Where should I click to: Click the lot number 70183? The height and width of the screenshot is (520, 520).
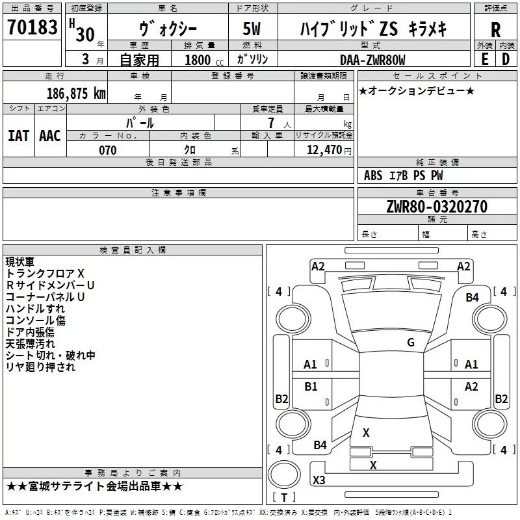click(32, 27)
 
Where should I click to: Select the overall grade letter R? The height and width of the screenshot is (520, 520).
click(495, 30)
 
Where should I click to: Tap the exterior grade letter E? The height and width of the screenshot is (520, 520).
click(484, 59)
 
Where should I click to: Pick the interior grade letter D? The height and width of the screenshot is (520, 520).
click(506, 59)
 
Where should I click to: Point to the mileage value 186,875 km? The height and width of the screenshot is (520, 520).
click(76, 94)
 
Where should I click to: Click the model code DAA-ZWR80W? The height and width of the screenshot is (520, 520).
click(372, 60)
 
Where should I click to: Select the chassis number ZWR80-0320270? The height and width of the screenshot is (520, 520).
click(437, 207)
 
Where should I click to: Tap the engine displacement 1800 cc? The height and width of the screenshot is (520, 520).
click(204, 60)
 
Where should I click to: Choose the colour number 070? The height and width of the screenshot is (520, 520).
click(108, 150)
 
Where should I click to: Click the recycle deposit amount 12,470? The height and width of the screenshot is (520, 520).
click(324, 150)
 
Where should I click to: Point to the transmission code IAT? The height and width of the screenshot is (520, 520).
click(18, 136)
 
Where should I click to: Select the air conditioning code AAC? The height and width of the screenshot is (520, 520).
click(50, 136)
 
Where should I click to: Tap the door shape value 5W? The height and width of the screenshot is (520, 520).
click(252, 29)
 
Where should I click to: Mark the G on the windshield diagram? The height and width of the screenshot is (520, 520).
click(411, 342)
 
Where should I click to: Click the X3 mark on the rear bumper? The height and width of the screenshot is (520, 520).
click(319, 480)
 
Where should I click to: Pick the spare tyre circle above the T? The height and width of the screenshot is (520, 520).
click(284, 475)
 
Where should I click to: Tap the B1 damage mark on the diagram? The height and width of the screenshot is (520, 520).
click(311, 386)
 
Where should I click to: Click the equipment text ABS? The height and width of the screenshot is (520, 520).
click(373, 175)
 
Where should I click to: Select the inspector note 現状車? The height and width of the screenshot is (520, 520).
click(20, 262)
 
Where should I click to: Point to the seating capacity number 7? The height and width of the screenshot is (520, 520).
click(271, 123)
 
